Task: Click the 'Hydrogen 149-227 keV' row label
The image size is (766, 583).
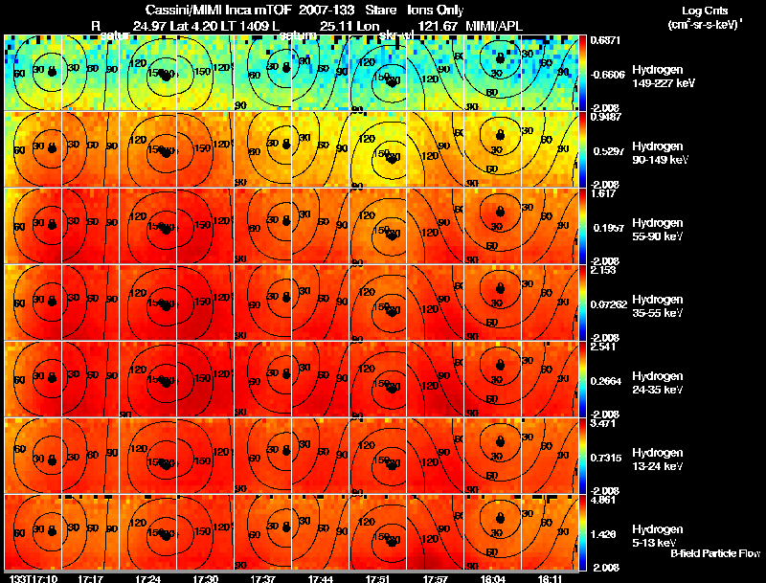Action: click(x=663, y=77)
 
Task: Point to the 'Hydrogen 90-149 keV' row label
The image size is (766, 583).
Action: click(x=663, y=153)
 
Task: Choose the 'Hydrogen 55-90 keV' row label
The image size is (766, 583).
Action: click(x=663, y=230)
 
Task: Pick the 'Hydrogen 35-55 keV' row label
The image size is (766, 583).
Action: click(x=663, y=306)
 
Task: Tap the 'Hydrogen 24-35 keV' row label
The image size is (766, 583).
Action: click(x=663, y=383)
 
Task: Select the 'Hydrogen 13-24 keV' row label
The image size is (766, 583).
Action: click(x=663, y=460)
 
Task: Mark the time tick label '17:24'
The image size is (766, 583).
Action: click(x=147, y=578)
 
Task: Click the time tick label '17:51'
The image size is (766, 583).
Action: click(x=377, y=578)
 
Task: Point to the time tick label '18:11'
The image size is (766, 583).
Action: click(x=550, y=578)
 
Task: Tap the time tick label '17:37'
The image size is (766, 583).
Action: click(x=262, y=578)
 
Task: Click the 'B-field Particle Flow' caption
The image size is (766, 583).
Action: click(x=714, y=553)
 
